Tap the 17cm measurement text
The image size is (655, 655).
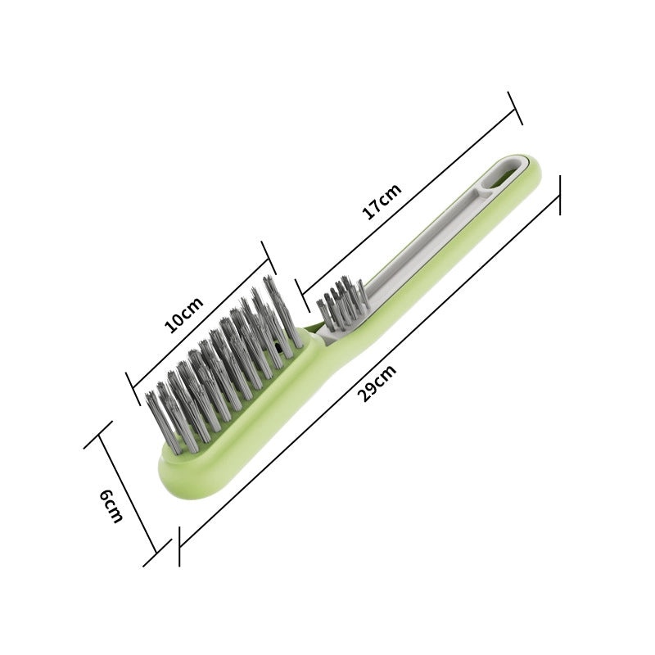382,201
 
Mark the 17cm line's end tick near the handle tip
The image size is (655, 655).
514,108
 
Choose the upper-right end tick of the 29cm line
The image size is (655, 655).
560,194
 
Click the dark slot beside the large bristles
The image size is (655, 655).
283,349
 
